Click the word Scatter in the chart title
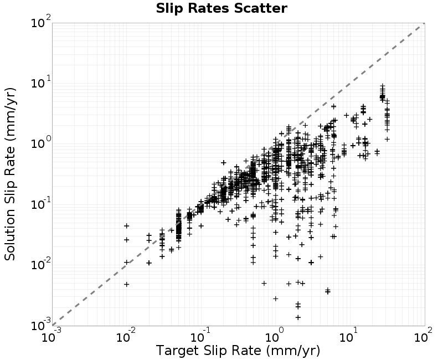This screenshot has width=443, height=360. (x=260, y=8)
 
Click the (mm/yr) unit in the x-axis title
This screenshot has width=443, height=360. (x=293, y=351)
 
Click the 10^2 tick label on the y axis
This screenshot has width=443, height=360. (x=41, y=22)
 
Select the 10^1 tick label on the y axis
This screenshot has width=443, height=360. (x=41, y=82)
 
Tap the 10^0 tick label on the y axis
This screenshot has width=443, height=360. (x=41, y=143)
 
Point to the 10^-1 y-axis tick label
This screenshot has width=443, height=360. (x=41, y=203)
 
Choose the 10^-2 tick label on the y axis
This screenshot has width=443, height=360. (x=41, y=264)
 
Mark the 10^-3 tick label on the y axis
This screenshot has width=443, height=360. (x=41, y=325)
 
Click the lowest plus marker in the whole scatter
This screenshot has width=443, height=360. (x=298, y=317)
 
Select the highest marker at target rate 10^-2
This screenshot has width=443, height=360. (x=127, y=226)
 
